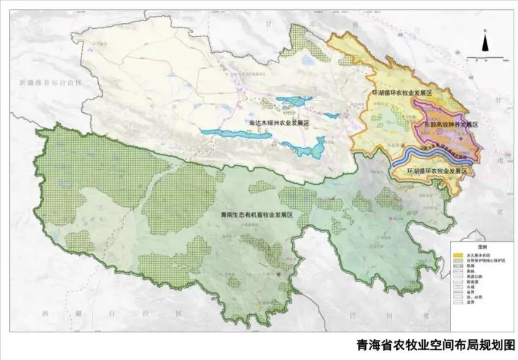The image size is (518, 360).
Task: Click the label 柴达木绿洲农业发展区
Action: pyautogui.click(x=278, y=123)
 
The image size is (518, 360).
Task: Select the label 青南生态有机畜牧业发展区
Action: pyautogui.click(x=258, y=216)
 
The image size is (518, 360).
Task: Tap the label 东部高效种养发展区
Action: pyautogui.click(x=450, y=124)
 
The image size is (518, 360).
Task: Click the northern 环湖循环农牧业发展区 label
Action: pyautogui.click(x=402, y=92)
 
